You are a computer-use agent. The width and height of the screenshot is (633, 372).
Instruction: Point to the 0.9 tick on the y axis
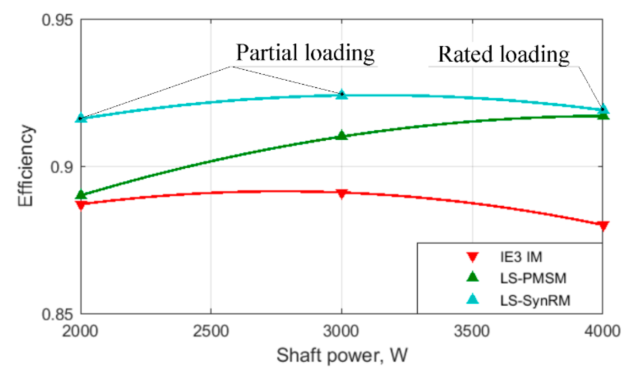[x=62, y=167]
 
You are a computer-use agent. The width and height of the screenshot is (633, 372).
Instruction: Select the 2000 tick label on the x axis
[x=80, y=331]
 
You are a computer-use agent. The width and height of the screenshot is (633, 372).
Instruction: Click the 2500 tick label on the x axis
[x=211, y=331]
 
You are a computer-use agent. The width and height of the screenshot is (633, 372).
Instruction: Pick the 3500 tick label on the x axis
[x=472, y=331]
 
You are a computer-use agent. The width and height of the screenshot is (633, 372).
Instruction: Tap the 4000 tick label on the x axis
[x=602, y=331]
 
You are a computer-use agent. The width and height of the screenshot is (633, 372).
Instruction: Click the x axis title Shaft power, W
[x=342, y=355]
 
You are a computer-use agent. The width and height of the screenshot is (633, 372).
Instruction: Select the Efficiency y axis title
[x=25, y=166]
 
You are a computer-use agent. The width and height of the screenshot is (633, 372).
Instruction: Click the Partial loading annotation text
[x=305, y=53]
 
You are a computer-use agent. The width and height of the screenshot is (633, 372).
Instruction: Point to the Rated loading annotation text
[x=503, y=55]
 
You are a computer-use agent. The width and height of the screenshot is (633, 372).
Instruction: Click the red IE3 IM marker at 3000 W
[x=342, y=193]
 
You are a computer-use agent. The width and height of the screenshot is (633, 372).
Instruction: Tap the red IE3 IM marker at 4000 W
[x=603, y=226]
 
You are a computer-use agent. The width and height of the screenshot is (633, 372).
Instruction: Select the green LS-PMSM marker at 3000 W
[x=342, y=135]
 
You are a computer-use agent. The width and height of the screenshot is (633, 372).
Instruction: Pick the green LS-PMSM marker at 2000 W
[x=81, y=194]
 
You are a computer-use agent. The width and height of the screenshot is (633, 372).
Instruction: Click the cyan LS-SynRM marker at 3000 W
[x=342, y=94]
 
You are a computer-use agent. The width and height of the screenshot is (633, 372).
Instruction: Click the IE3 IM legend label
[x=521, y=257]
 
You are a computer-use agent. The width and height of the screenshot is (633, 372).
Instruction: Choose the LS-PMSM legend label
[x=533, y=278]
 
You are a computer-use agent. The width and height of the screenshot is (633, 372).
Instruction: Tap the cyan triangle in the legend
[x=473, y=299]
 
